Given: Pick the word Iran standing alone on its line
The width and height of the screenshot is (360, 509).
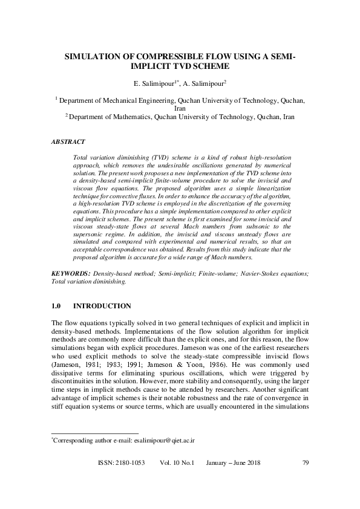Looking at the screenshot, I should [x=180, y=109].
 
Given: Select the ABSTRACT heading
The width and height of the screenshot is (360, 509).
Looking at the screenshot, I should [x=68, y=142].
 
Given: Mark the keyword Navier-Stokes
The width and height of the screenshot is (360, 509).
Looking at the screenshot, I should [x=260, y=274].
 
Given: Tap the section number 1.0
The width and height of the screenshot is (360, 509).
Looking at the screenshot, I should [x=58, y=306].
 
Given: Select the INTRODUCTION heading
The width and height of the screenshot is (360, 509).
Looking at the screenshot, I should [x=105, y=306].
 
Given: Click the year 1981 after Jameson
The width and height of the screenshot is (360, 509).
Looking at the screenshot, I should [x=90, y=366].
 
